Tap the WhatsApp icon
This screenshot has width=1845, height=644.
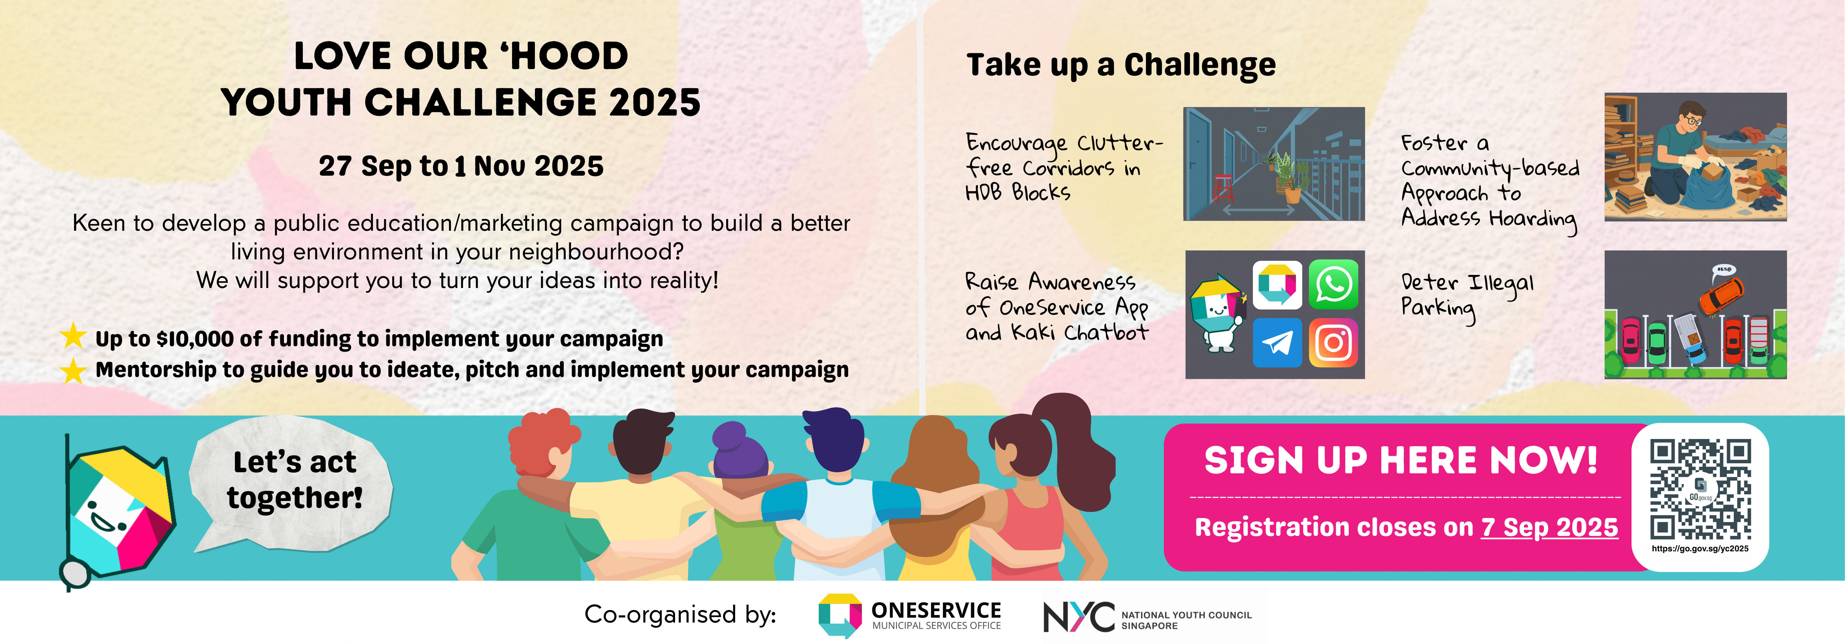point(1333,284)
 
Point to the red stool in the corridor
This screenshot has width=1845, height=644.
point(1222,189)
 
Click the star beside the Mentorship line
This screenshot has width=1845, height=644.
point(73,370)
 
